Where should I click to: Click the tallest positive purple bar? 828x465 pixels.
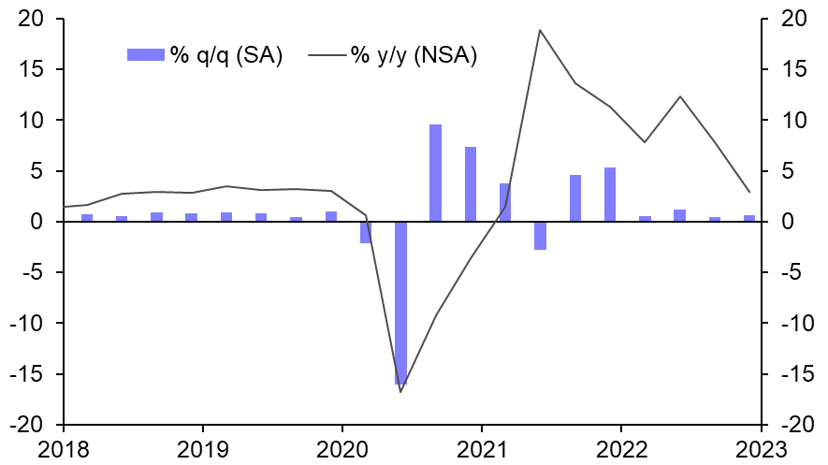435,173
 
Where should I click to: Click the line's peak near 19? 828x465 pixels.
540,30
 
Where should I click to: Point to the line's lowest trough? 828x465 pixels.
400,391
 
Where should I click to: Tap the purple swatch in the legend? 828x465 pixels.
146,55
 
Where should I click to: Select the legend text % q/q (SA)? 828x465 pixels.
225,55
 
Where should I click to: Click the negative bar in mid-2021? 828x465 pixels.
540,236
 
